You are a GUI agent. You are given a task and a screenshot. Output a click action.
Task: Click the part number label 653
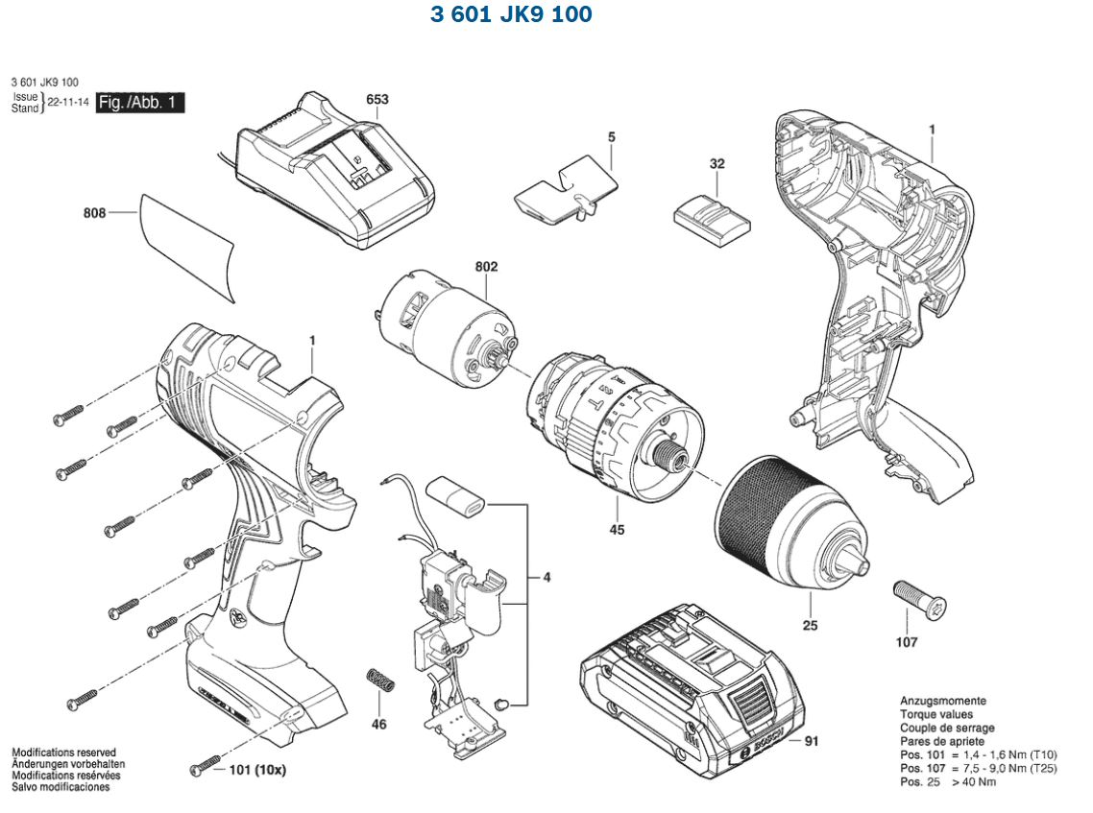coord(377,99)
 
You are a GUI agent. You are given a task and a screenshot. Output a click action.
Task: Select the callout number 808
coord(94,213)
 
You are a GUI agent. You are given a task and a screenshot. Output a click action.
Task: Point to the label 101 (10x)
coord(257,770)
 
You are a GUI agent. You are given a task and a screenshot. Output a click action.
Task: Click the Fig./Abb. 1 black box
coord(139,103)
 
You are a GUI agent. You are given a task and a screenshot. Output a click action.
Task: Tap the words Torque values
coord(935,714)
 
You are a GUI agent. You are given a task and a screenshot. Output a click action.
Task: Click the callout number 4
coord(546,578)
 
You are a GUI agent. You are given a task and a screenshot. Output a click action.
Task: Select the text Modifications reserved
coord(63,753)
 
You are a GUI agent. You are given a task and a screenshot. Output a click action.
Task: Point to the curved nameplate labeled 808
coord(186,246)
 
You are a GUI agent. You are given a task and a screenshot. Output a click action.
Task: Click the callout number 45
coord(617,529)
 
